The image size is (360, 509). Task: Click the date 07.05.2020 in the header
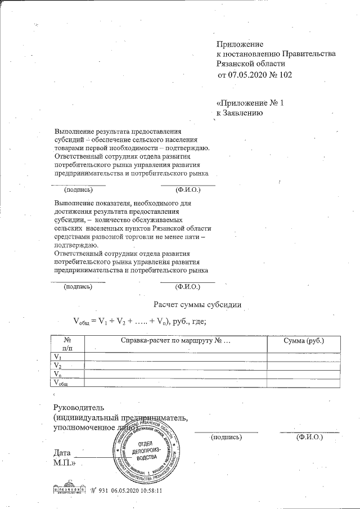(x=245, y=74)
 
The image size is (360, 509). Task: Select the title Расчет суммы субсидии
(x=198, y=305)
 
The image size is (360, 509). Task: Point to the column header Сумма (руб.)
(x=304, y=341)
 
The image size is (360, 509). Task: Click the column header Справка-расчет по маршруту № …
(x=175, y=341)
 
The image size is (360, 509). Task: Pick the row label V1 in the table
(x=57, y=357)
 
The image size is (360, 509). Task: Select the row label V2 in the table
(x=57, y=366)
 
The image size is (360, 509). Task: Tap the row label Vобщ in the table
(x=60, y=383)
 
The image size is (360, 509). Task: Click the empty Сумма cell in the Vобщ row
(x=304, y=383)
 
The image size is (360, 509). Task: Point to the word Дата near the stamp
(x=62, y=453)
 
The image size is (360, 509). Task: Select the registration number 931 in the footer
(x=102, y=490)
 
